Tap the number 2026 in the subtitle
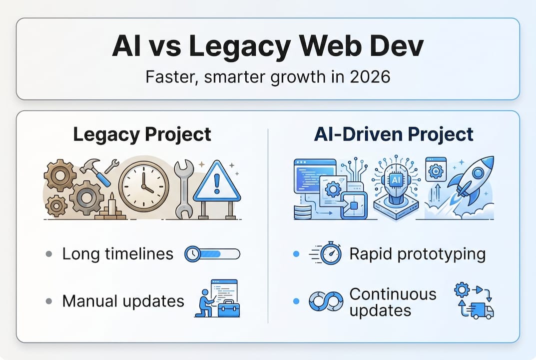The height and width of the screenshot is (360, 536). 370,77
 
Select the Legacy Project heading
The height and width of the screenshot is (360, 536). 142,134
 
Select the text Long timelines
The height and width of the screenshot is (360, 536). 117,254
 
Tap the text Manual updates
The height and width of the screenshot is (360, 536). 123,301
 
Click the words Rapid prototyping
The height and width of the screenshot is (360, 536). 417,254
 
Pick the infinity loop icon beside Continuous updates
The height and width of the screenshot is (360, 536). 325,301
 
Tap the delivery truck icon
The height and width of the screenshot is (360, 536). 480,311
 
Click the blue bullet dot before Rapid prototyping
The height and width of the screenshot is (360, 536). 295,254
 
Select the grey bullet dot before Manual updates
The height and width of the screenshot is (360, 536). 48,301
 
